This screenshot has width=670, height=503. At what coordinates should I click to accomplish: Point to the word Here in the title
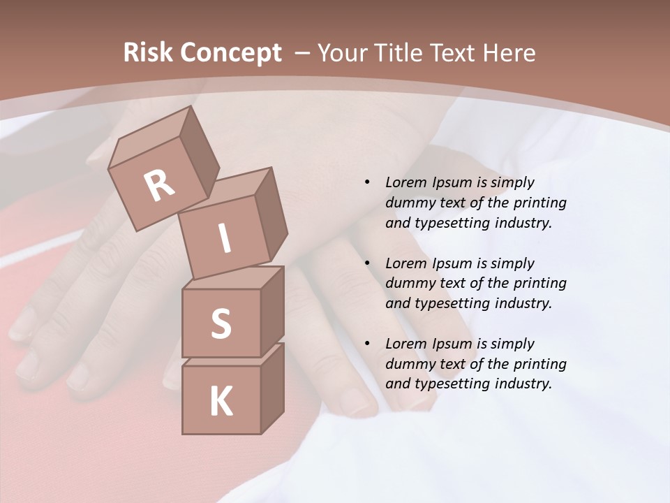coord(509,53)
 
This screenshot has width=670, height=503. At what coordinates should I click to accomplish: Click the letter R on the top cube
coord(159,185)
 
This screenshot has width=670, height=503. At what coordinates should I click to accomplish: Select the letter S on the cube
coord(221,323)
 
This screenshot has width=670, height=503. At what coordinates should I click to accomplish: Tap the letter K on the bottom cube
coord(221,401)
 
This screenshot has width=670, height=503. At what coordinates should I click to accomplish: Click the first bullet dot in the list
coord(367,183)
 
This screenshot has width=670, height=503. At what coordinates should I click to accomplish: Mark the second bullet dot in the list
coord(367,264)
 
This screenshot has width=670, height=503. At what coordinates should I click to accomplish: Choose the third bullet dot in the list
coord(367,344)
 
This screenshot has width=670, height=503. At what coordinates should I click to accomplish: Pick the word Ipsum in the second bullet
coord(451,263)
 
